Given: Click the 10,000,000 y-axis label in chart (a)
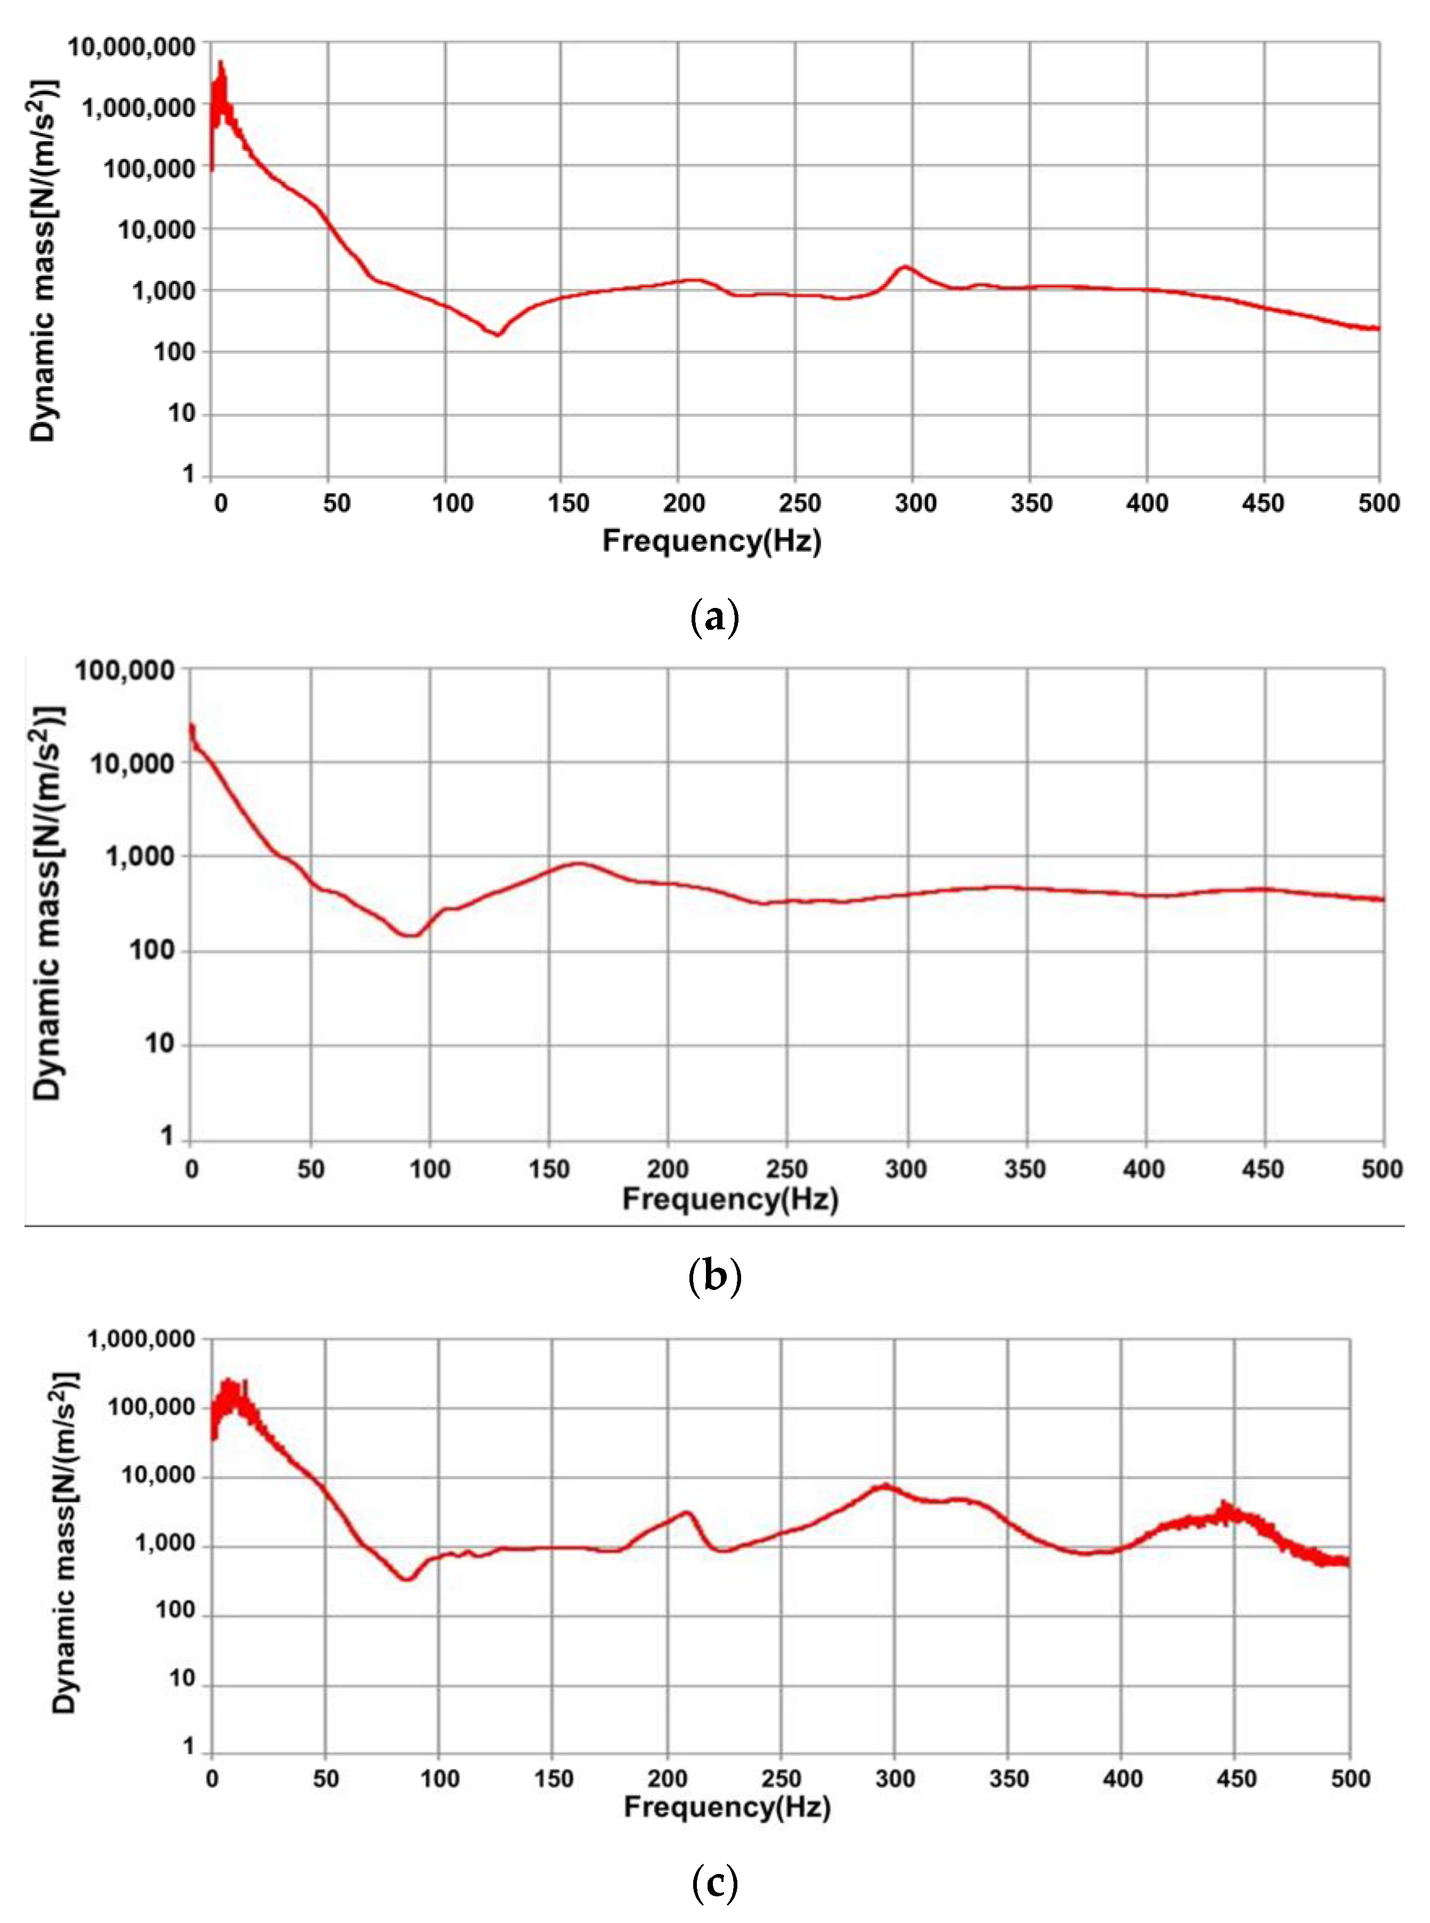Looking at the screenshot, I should coord(132,47).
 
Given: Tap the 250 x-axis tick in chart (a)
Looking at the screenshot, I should coord(799,504).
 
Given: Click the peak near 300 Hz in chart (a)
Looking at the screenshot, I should coord(905,266).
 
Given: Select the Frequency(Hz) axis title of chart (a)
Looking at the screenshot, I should coord(712,541).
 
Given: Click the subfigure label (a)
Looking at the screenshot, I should coord(715,619).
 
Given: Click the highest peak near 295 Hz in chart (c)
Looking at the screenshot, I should coord(884,1485).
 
